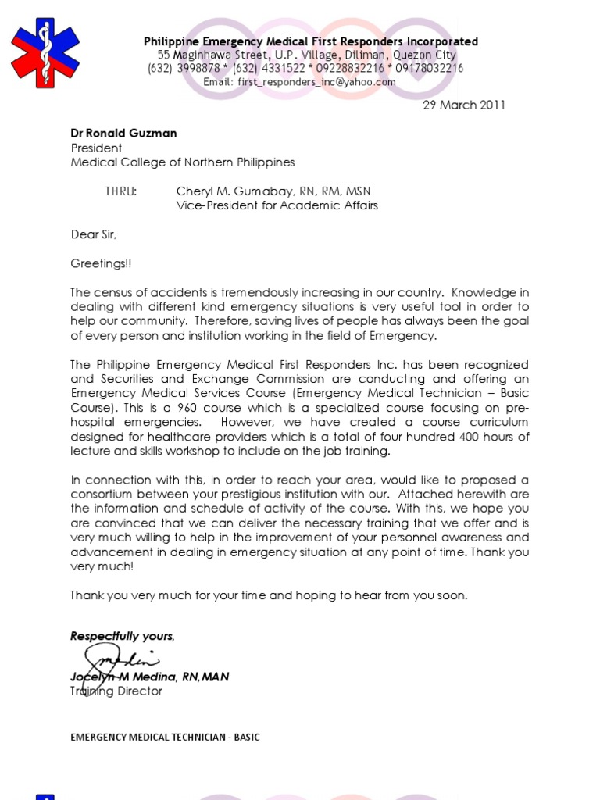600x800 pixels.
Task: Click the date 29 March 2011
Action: (x=464, y=105)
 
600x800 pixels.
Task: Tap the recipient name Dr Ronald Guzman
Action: (x=123, y=134)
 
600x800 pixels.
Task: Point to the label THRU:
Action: (x=120, y=191)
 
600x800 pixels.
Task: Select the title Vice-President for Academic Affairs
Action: (x=277, y=205)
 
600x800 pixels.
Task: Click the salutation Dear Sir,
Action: (x=94, y=234)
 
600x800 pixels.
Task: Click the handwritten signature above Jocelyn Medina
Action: (x=117, y=659)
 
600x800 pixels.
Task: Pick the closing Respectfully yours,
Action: (x=123, y=637)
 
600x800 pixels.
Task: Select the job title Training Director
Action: (x=116, y=691)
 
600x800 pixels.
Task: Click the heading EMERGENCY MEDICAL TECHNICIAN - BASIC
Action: (x=165, y=737)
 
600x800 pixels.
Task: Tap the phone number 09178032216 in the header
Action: (x=429, y=69)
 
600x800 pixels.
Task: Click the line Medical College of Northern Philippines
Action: (x=183, y=162)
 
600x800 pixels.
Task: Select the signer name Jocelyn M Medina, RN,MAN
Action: (x=150, y=677)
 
